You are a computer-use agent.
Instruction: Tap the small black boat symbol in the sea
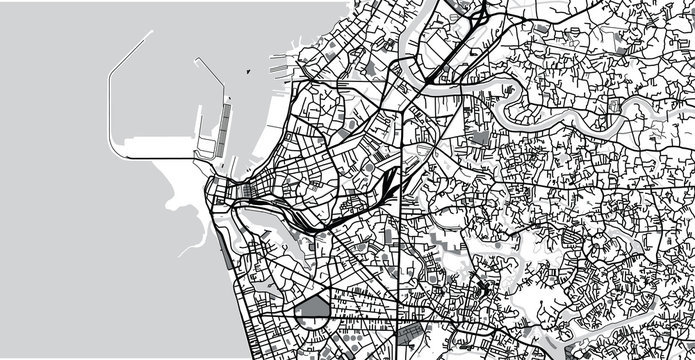coord(246,72)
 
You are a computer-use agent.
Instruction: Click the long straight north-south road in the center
coord(403,250)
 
